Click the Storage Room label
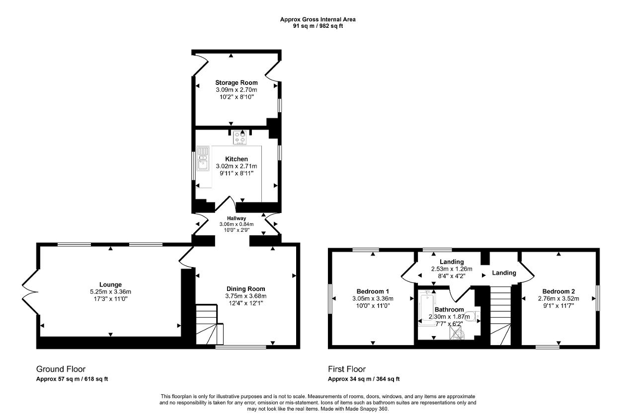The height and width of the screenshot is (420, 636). pos(236,82)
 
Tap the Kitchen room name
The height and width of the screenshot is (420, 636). pos(236,159)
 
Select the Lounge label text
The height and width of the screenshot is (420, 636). pos(110,284)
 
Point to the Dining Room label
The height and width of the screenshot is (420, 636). pos(245,289)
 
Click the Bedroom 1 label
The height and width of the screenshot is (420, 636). pos(373,291)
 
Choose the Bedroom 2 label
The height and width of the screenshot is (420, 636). pos(558,291)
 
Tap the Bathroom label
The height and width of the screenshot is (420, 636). pos(449,309)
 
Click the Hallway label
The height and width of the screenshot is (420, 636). pos(236,218)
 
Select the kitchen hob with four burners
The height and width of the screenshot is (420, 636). pos(239,138)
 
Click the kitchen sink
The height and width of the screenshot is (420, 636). pos(203,159)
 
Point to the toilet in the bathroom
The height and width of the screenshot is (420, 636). pos(474,316)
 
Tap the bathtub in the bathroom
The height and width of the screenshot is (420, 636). pos(426,307)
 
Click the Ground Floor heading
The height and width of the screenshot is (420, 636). pos(61,369)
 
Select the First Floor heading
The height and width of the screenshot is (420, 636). pos(347,369)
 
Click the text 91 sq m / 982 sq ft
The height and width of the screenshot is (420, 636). pos(318,26)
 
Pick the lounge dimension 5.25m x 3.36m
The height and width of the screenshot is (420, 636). pos(110,291)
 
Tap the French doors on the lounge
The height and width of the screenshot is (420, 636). pos(30,292)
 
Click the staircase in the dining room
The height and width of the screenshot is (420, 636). pos(210,324)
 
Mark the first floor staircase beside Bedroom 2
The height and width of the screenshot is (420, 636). pos(500,316)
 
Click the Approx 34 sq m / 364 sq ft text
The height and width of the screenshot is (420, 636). pos(364,379)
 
